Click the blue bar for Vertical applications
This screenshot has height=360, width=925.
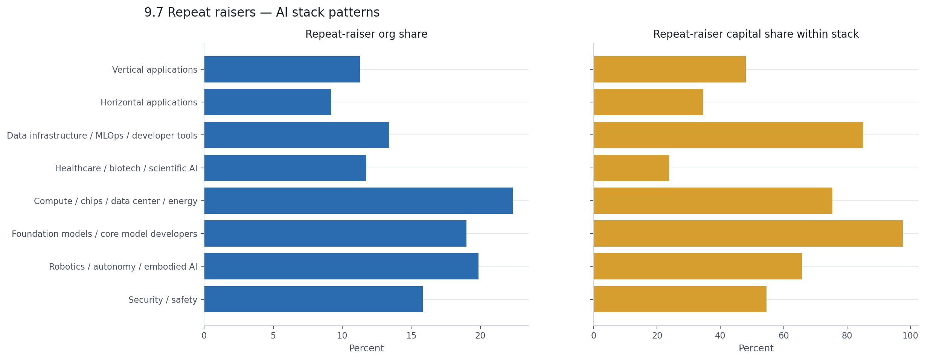click(282, 69)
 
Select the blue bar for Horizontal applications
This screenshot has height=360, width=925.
click(268, 102)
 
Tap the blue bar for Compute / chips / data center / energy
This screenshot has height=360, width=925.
click(358, 201)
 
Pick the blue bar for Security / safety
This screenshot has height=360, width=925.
click(313, 299)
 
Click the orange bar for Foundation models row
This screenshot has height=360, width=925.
click(748, 233)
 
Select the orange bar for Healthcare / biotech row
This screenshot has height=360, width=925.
click(631, 168)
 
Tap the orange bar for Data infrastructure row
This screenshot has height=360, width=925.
click(728, 135)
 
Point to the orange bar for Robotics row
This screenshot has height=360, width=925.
click(698, 266)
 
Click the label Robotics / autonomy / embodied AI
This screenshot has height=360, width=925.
click(123, 267)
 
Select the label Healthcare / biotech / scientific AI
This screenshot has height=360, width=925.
click(126, 168)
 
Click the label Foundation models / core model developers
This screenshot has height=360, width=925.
click(104, 234)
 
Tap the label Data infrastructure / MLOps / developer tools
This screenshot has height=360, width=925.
click(102, 136)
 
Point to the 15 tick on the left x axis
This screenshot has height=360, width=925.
click(411, 335)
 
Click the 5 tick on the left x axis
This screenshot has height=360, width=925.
click(273, 335)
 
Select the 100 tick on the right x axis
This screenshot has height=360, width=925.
click(910, 335)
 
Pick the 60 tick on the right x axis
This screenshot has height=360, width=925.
click(783, 335)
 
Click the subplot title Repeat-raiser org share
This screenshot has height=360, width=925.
click(366, 34)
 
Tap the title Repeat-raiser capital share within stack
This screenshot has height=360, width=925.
click(756, 34)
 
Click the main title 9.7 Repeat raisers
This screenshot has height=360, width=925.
click(262, 12)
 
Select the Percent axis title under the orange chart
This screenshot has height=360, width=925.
click(756, 348)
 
